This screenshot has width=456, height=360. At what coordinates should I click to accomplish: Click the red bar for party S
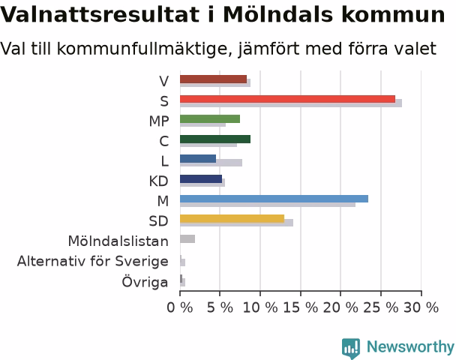pos(287,99)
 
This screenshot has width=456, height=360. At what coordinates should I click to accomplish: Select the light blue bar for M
pos(274,199)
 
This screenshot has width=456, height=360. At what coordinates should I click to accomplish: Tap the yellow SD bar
pos(232,219)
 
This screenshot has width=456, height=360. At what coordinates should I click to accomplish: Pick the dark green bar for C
pos(215,139)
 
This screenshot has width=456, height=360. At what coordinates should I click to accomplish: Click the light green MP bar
pos(210,119)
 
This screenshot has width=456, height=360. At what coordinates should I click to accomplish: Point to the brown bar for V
pos(214,79)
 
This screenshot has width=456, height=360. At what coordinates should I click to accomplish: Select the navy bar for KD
pos(201,178)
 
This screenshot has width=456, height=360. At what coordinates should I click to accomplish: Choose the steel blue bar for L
pos(198,159)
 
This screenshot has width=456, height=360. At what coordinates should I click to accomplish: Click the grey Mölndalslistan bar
pos(187,239)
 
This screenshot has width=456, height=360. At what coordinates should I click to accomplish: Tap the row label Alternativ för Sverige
pos(93,262)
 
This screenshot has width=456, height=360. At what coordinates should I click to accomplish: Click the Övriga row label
pos(145,281)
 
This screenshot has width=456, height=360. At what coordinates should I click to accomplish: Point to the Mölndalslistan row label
pos(118,241)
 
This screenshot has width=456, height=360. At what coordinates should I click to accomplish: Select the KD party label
pos(159,181)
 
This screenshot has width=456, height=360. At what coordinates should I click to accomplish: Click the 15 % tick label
pos(301,307)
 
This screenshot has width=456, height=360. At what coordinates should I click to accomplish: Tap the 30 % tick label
pos(421,307)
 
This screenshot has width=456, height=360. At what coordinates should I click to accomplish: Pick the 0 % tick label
pos(180,307)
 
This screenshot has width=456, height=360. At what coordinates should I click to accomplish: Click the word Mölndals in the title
pos(277,14)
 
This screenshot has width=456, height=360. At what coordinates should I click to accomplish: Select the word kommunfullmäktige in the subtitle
pos(142,49)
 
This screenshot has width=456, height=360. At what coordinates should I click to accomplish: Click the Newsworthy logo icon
pos(351,348)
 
